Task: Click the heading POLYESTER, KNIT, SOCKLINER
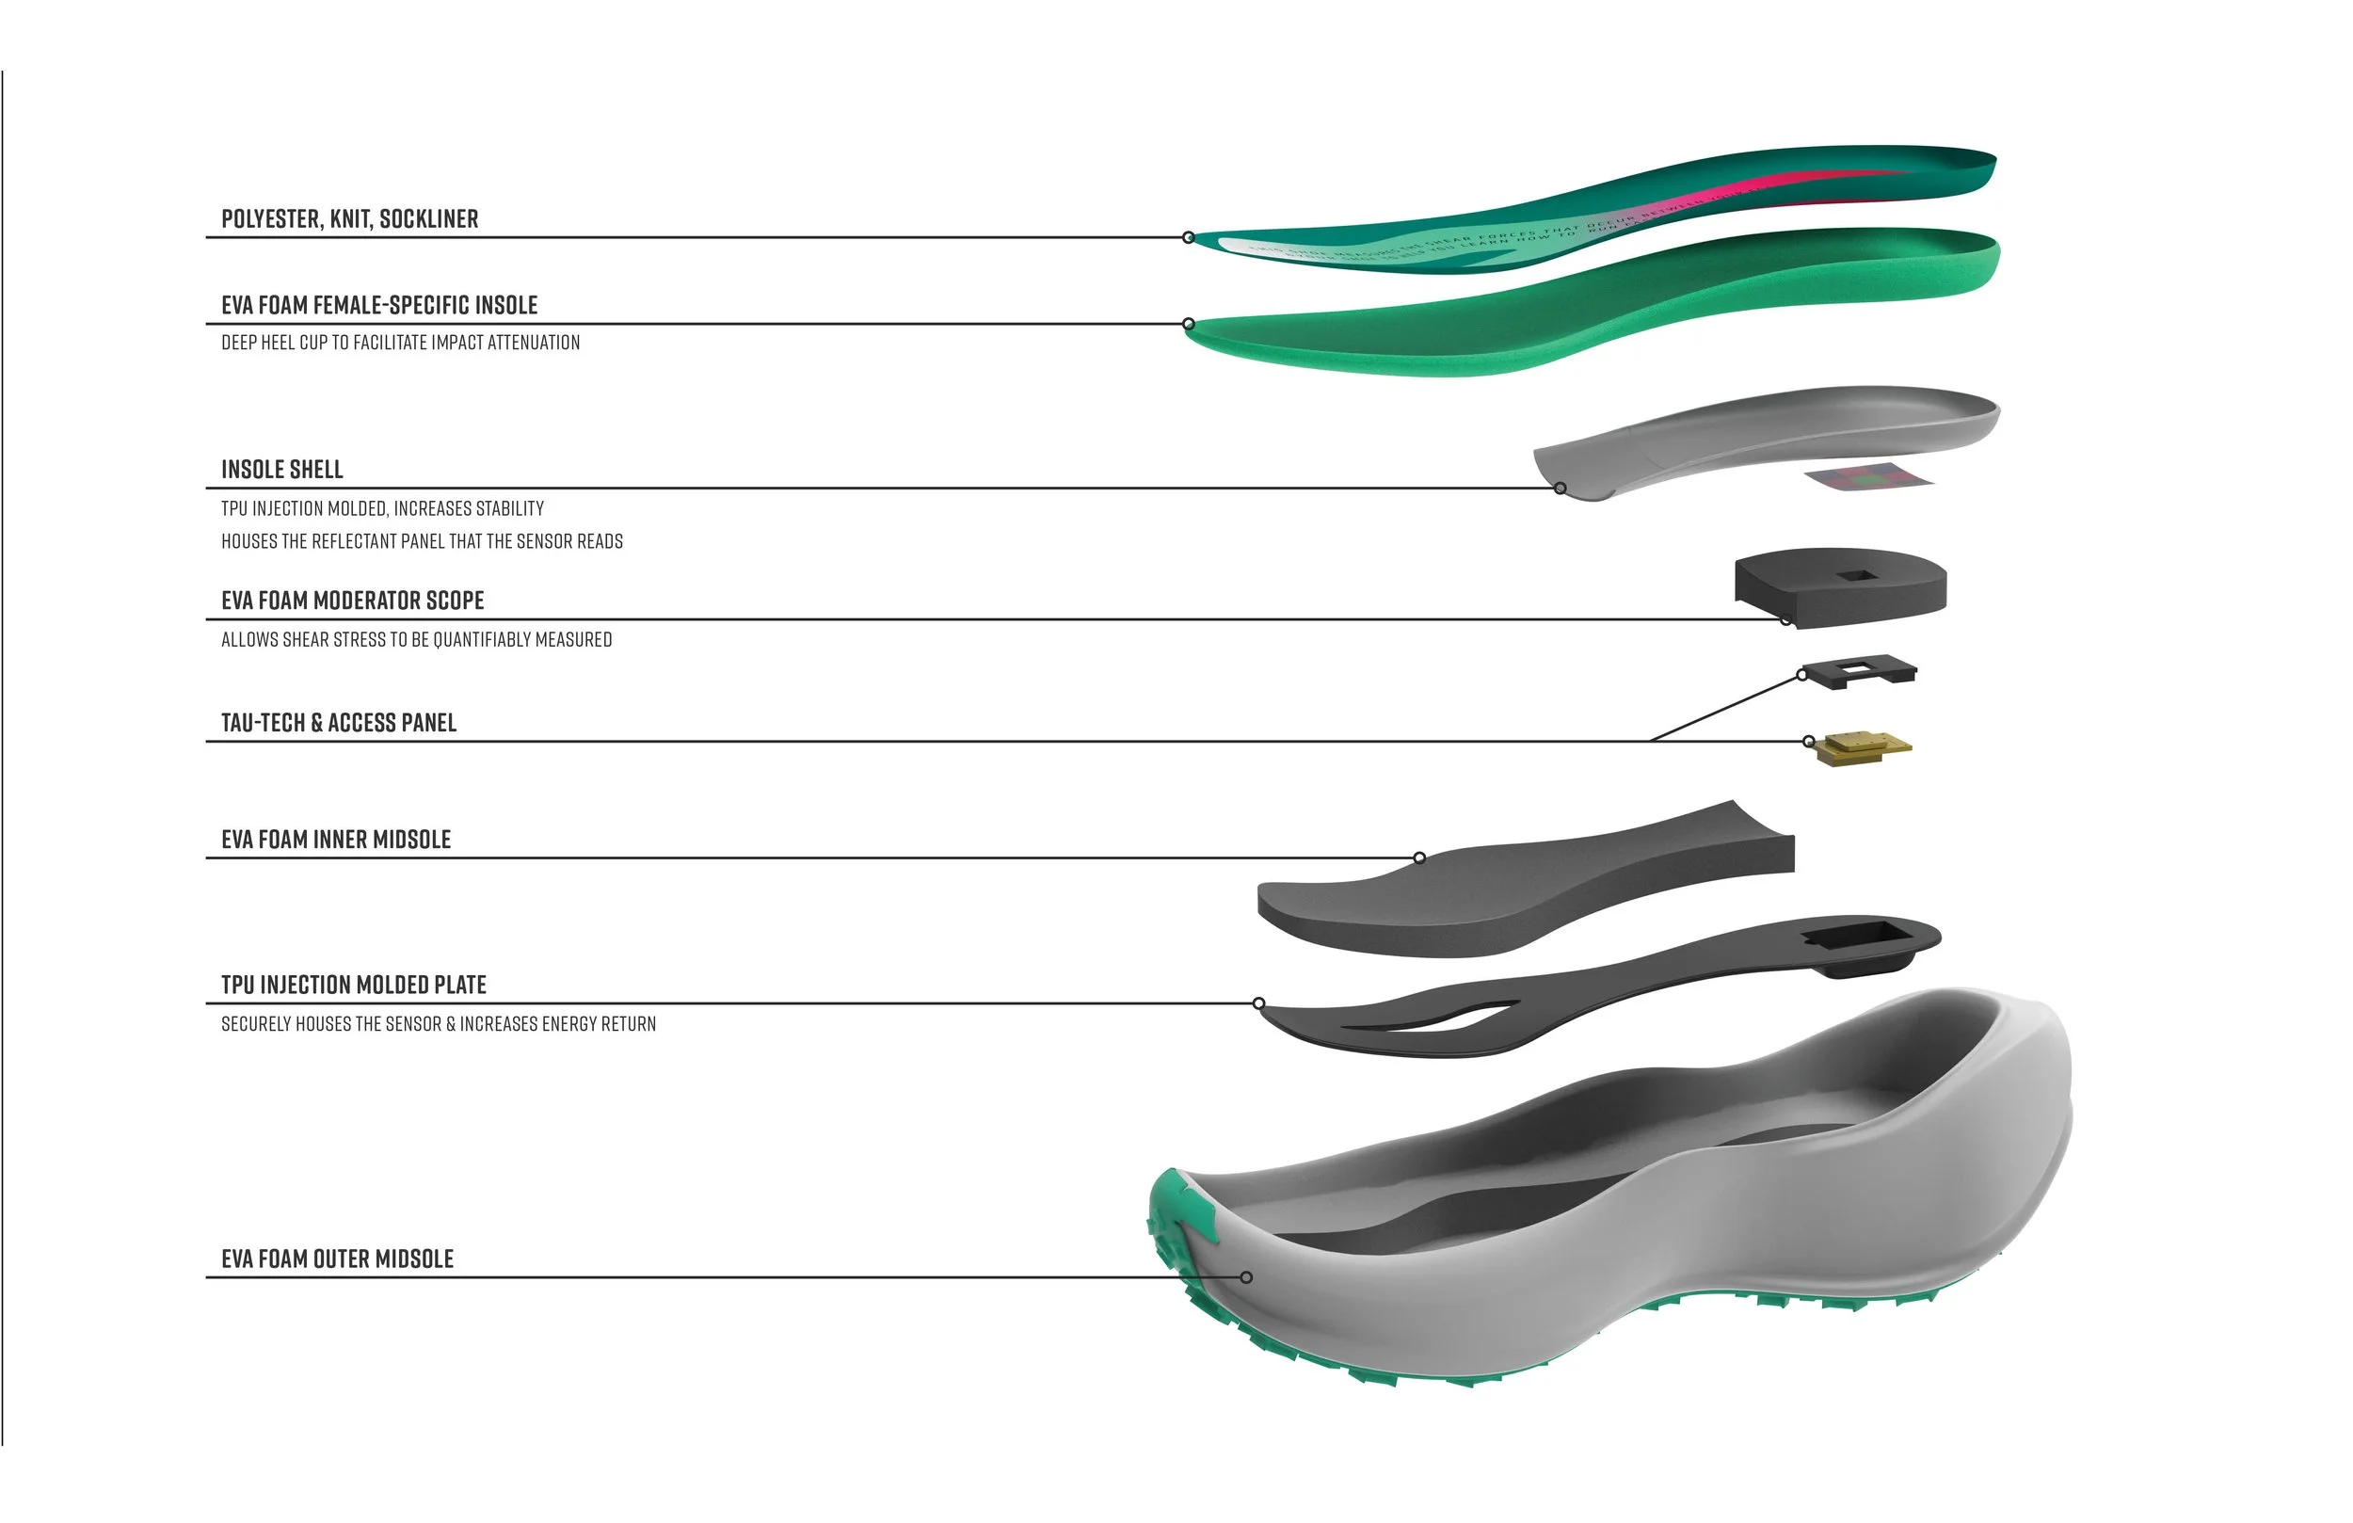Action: (x=349, y=218)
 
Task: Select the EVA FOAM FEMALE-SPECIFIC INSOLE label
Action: (x=378, y=305)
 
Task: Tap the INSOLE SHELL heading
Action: (x=281, y=469)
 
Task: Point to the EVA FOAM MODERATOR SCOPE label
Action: (x=352, y=601)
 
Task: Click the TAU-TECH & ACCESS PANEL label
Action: (x=338, y=723)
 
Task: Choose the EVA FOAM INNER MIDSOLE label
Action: (x=335, y=840)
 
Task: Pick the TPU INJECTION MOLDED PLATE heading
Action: (x=353, y=985)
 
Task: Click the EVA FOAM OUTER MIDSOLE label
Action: (x=337, y=1258)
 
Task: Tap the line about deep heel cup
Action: (x=400, y=343)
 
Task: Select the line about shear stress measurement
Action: (x=416, y=640)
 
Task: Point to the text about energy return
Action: (x=438, y=1023)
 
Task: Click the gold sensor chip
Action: (x=1863, y=747)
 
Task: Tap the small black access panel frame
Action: (x=1860, y=670)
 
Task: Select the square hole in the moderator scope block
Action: (x=1856, y=575)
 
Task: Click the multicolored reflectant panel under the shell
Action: (x=1867, y=476)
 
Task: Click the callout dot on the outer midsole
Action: (x=1246, y=1277)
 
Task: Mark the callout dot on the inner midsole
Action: (x=1418, y=858)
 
